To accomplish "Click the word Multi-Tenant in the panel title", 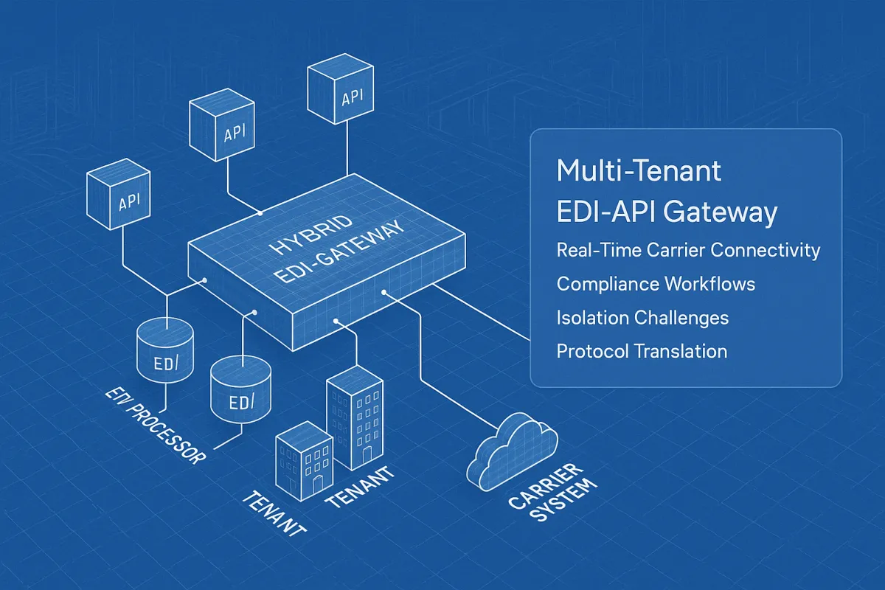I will coord(639,171).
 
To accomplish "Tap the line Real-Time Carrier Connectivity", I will coord(688,250).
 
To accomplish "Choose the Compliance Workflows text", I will coord(656,284).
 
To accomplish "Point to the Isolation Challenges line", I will coord(642,318).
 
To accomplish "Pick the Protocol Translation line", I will coord(642,351).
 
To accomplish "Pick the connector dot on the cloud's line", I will coord(383,294).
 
